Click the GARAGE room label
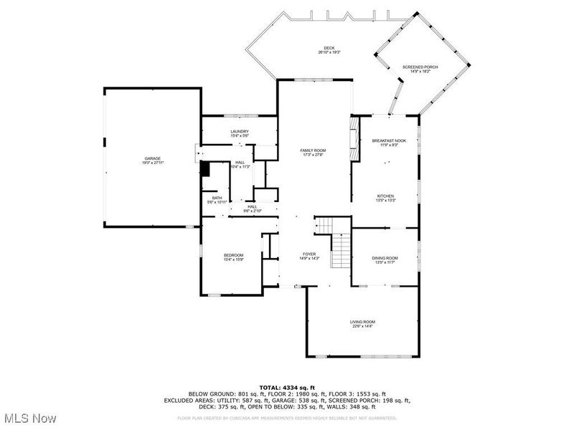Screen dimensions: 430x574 pos(152,158)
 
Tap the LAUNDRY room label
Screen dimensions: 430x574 pos(240,131)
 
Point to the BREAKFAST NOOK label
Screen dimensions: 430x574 pos(389,140)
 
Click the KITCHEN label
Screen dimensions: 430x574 pos(386,196)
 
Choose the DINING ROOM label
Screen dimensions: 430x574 pos(385,258)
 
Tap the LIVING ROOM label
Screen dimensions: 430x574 pos(362,322)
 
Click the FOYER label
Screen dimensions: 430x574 pos(309,254)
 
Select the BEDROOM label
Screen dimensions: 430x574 pos(233,255)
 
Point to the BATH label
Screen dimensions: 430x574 pos(217,198)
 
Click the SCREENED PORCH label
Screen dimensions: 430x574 pos(420,67)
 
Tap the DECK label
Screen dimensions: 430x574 pos(329,48)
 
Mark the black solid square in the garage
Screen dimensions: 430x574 pos(204,170)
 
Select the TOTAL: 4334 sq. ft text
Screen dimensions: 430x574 pos(287,387)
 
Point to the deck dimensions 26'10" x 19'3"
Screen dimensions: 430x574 pos(329,53)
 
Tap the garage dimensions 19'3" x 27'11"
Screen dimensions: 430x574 pos(152,163)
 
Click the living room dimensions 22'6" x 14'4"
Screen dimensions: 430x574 pos(362,327)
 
